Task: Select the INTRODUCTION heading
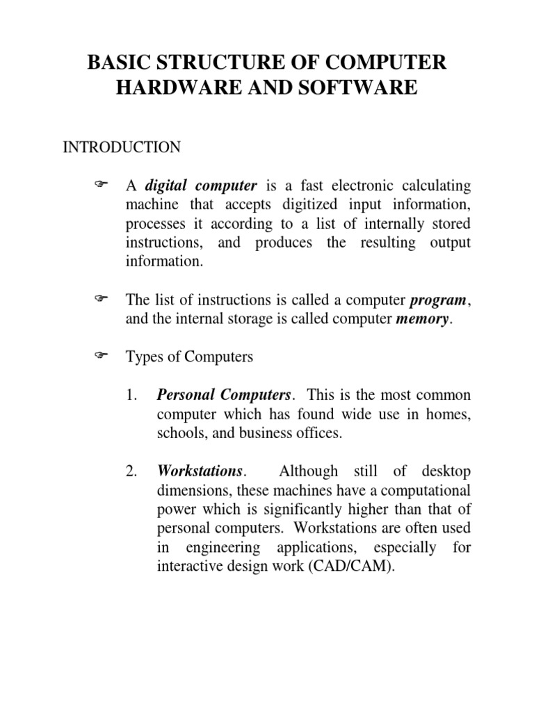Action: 122,147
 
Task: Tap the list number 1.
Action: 132,396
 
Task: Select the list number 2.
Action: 132,471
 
